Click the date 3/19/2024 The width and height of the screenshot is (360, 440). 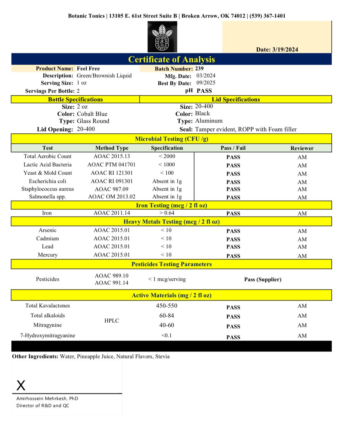click(285, 50)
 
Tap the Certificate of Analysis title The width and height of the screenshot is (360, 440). click(171, 59)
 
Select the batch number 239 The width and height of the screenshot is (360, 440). click(199, 68)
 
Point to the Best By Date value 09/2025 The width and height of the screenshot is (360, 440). click(206, 83)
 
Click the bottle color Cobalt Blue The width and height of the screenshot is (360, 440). click(92, 114)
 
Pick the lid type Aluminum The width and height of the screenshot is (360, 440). click(209, 121)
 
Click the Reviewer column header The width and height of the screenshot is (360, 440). click(302, 148)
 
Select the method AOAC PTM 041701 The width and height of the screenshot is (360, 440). click(111, 165)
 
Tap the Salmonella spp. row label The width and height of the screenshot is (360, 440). click(47, 197)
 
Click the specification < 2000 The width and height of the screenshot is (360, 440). click(167, 156)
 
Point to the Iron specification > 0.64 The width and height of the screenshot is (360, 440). click(167, 213)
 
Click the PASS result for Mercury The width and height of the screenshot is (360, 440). click(233, 256)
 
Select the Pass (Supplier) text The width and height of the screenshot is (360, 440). click(263, 280)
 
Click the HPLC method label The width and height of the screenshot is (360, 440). click(111, 321)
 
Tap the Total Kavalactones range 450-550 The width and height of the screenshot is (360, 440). click(166, 306)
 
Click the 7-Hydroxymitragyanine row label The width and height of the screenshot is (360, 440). click(48, 336)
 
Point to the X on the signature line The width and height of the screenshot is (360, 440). click(21, 385)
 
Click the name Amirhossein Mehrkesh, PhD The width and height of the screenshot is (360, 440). click(47, 398)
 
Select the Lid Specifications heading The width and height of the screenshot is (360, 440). click(236, 99)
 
